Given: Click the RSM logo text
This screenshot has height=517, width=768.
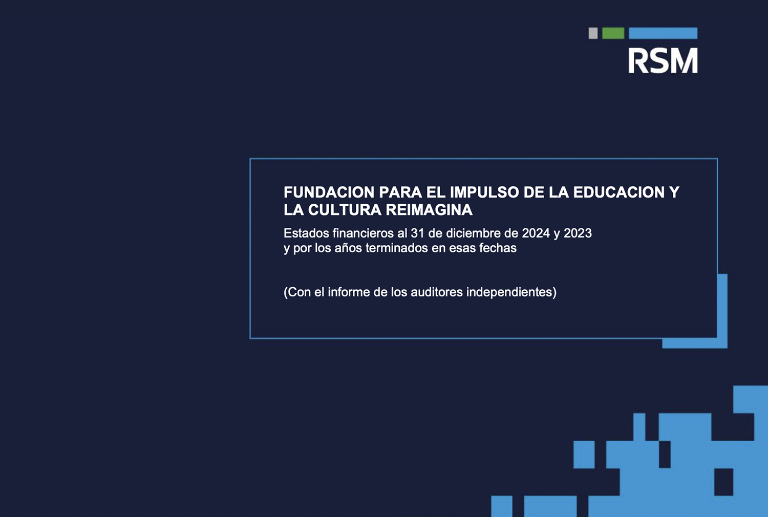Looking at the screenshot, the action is point(663,61).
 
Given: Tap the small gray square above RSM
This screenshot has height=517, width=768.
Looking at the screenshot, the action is point(593,33).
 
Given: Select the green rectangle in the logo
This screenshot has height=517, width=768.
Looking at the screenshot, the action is point(613,33).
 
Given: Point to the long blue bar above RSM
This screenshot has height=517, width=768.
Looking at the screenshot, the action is point(663,33).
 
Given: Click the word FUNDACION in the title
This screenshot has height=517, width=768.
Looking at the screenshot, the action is point(329,192).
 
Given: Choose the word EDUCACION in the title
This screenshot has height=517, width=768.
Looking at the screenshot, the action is point(619,192).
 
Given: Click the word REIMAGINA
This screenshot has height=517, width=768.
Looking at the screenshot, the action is point(429,210).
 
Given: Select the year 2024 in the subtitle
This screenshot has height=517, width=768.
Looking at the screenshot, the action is point(536,233).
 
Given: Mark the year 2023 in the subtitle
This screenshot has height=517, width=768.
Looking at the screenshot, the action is point(578,233).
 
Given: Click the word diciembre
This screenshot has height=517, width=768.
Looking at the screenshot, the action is point(478,233).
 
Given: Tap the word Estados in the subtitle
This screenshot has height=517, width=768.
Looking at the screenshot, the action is point(306,233).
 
